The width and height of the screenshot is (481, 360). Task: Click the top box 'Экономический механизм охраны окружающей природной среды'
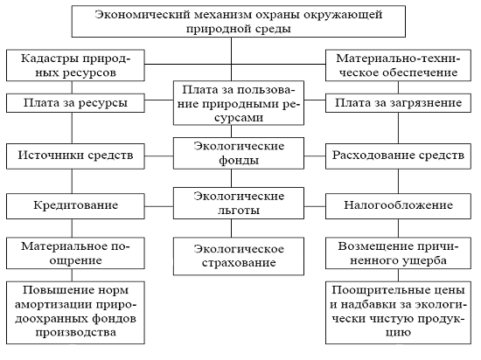(x=239, y=22)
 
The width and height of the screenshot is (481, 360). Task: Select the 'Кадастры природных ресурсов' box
(x=75, y=66)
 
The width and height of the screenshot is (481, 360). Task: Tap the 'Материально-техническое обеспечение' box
(x=398, y=66)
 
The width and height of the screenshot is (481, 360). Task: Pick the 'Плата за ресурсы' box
(x=75, y=103)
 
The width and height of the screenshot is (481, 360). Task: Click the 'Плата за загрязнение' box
(x=398, y=103)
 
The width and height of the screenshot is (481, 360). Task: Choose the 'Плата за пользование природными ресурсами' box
(x=239, y=103)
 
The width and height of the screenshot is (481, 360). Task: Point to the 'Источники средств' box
(x=75, y=156)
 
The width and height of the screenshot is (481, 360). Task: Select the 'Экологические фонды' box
(x=239, y=153)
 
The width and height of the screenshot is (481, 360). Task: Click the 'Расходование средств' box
(x=398, y=156)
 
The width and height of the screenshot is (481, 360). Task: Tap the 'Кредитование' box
(x=75, y=206)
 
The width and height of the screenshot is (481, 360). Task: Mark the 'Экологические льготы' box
(x=239, y=203)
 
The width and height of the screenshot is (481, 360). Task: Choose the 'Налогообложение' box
(x=398, y=206)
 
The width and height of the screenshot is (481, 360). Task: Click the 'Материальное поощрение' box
(x=75, y=253)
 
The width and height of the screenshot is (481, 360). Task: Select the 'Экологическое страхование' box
(x=239, y=256)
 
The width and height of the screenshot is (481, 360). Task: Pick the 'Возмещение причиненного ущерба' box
(x=398, y=253)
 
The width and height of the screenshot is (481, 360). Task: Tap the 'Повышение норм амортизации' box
(x=75, y=313)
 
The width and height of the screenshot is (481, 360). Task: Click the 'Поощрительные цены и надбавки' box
(x=398, y=313)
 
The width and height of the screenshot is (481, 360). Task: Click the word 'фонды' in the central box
(x=239, y=160)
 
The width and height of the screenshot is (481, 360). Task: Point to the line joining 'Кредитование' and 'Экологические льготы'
(x=159, y=206)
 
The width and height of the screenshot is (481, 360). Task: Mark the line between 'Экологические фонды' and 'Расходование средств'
(x=315, y=156)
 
